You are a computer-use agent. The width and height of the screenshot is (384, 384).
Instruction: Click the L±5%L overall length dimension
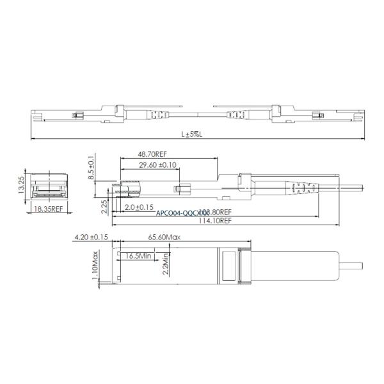(x=191, y=134)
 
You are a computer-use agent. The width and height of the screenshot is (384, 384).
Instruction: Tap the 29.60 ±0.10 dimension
(x=149, y=165)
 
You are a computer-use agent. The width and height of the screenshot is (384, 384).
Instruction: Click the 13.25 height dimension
(x=21, y=184)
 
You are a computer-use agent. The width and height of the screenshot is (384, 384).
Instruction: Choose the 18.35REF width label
(x=47, y=209)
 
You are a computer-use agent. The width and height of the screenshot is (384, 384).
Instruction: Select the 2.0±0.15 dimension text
(x=139, y=207)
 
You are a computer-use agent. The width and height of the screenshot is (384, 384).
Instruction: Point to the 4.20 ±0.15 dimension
(x=91, y=237)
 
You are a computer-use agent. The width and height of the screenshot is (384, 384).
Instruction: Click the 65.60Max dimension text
(x=165, y=237)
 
